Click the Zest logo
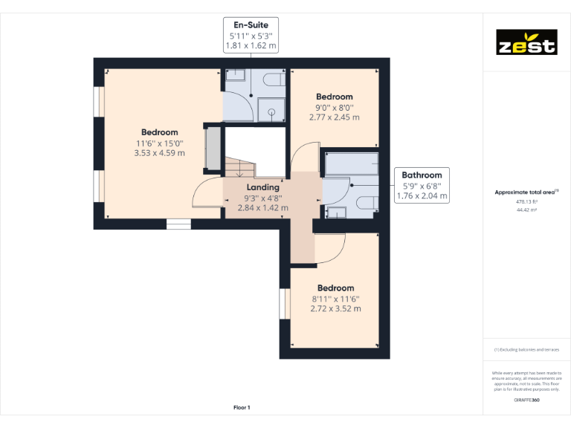click(x=526, y=42)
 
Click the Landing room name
click(x=263, y=188)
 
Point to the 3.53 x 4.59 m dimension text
click(x=159, y=153)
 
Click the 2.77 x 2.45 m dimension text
click(x=334, y=117)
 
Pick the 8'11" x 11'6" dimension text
click(x=335, y=299)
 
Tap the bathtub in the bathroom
click(x=351, y=163)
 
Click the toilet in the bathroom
click(x=365, y=203)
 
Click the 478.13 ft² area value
click(x=526, y=201)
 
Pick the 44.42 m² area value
click(x=526, y=210)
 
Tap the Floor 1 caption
click(x=242, y=407)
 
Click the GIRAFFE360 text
click(x=526, y=401)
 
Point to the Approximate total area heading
click(x=526, y=192)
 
